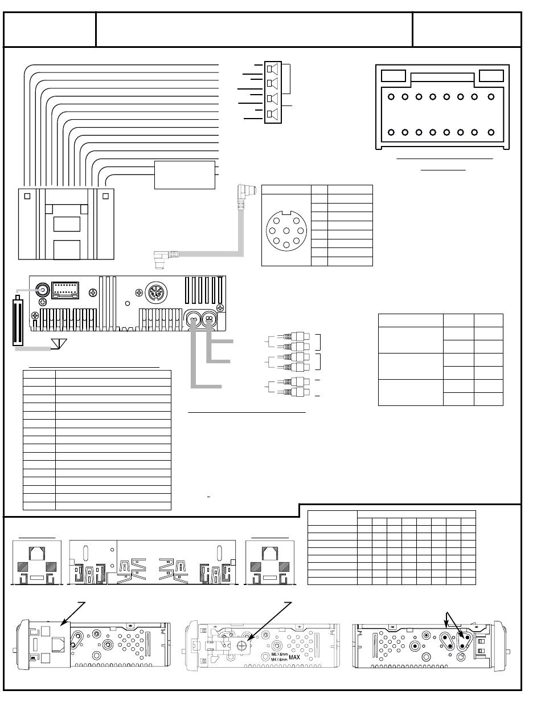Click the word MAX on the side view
point(294,657)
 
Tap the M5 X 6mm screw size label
point(280,654)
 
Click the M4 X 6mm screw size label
point(280,659)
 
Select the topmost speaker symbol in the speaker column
point(272,69)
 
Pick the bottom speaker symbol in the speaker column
point(272,114)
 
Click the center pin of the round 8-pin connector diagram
point(286,231)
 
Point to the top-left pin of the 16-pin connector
point(391,97)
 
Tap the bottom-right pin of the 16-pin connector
point(491,132)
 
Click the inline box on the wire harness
point(185,175)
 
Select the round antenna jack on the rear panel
point(43,290)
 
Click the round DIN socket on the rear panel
point(156,292)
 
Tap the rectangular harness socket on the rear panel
point(65,290)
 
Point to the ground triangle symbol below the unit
point(59,344)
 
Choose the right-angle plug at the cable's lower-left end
point(162,258)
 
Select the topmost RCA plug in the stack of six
point(296,336)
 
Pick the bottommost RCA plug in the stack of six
point(296,392)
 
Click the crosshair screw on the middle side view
point(242,646)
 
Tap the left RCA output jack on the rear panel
point(193,318)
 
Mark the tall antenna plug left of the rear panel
point(18,320)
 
